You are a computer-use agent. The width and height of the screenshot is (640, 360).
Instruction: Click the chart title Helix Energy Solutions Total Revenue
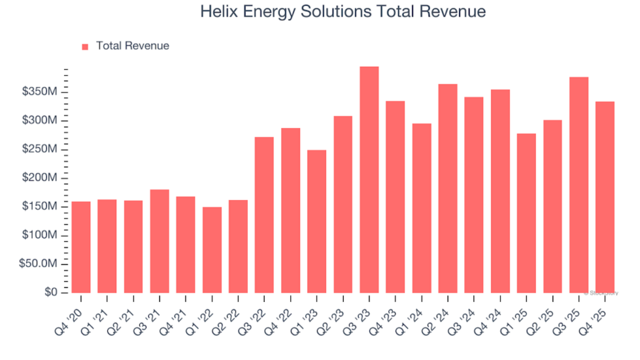(x=333, y=13)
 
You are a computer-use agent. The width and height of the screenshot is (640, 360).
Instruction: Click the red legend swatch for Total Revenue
(x=85, y=46)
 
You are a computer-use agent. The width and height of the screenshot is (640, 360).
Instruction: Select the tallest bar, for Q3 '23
(x=369, y=179)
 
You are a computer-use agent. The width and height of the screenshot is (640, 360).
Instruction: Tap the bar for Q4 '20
(x=81, y=247)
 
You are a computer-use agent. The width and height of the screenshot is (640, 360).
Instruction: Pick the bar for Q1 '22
(x=212, y=250)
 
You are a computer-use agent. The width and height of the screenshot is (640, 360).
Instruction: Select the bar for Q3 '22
(x=264, y=215)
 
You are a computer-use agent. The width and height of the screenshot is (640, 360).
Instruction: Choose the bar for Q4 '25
(x=605, y=197)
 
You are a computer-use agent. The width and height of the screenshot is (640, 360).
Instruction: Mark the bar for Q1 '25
(x=526, y=213)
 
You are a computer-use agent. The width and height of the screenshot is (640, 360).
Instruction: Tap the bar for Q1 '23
(x=317, y=222)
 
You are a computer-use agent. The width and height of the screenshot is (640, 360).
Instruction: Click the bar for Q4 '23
(x=395, y=196)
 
